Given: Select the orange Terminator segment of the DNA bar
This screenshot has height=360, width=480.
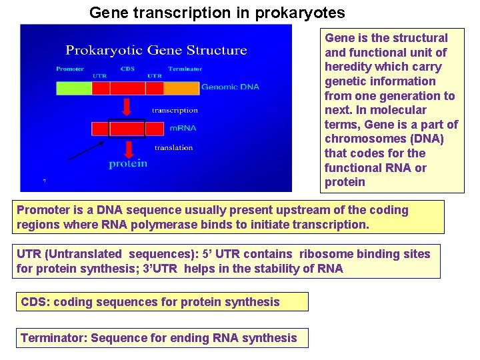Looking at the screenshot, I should [x=181, y=88].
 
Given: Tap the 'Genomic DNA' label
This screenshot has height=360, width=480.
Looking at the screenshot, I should [x=230, y=87].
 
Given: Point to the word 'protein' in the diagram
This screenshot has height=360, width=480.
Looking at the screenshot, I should [x=128, y=164].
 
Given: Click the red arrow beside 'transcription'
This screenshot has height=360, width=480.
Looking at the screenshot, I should [x=128, y=108].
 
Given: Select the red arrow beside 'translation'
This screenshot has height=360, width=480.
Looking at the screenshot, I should [x=128, y=147].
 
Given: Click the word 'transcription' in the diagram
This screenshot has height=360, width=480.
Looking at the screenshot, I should [x=175, y=110].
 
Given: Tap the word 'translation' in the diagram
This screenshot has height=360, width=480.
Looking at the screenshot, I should [x=173, y=147].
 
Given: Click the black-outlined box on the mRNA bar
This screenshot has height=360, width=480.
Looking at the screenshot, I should [x=127, y=128].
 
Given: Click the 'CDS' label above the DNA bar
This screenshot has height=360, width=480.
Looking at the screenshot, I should [x=127, y=69].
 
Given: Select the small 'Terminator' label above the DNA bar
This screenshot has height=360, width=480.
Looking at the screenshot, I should [x=185, y=69].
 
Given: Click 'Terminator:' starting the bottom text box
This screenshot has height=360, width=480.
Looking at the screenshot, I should [x=53, y=338].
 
